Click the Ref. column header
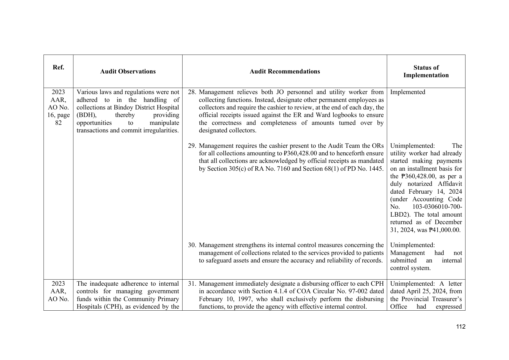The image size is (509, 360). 58,68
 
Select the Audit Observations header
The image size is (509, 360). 128,71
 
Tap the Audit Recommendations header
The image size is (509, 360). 285,71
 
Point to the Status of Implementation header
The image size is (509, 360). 426,71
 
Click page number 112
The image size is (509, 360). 461,327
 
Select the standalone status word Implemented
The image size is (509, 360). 407,92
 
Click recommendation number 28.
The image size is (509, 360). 192,92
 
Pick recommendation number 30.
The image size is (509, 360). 192,245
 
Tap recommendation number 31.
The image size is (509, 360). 192,284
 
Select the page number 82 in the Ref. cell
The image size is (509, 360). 58,123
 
